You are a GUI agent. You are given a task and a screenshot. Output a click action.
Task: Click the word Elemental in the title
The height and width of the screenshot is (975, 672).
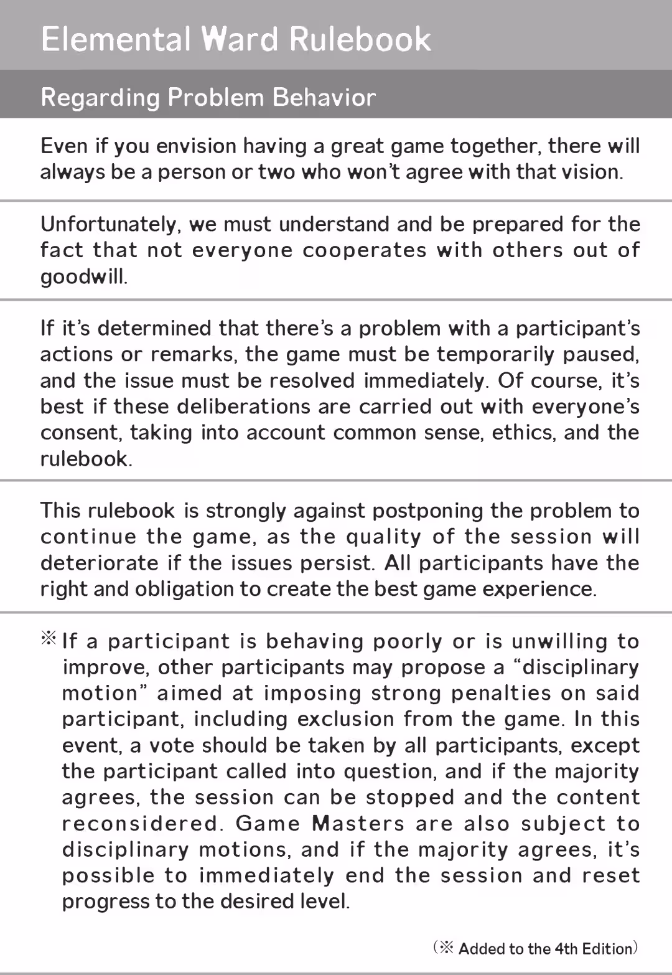pos(116,39)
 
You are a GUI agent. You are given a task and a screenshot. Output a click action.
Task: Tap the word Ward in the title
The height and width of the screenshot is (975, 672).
pos(239,39)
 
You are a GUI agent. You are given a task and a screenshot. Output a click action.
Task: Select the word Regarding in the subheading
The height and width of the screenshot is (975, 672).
pos(100,98)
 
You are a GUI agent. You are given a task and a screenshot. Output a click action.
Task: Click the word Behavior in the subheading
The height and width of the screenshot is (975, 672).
pos(324,98)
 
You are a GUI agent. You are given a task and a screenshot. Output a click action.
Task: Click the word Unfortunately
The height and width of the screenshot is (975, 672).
pos(110,225)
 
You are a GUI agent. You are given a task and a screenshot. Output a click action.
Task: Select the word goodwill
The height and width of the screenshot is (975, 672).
pos(83,277)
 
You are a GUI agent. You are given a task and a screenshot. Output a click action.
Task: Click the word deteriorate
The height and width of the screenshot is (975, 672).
pos(100,563)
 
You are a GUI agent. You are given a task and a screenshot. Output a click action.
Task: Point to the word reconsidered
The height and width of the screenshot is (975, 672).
pos(142,824)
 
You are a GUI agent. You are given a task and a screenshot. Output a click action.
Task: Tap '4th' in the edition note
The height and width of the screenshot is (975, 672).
pos(566,949)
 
